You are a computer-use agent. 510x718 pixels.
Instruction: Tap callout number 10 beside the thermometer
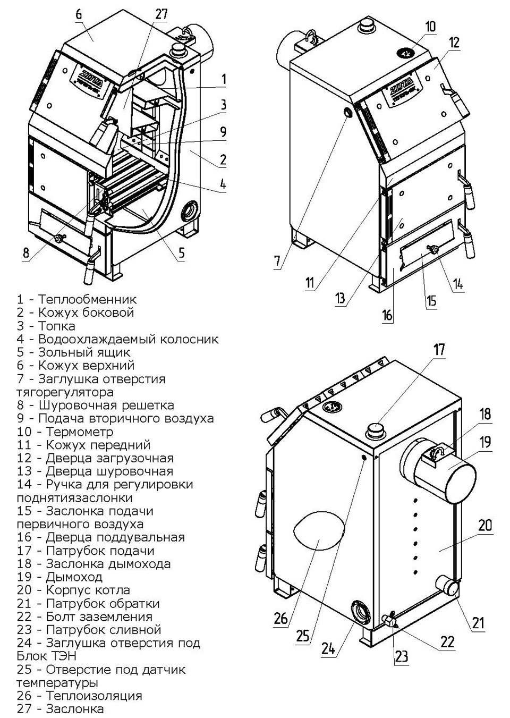click(430, 26)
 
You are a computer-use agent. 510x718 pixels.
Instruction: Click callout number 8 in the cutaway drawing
click(25, 253)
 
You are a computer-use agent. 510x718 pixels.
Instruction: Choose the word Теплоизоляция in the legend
click(94, 696)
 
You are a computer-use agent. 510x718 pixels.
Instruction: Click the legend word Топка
click(57, 326)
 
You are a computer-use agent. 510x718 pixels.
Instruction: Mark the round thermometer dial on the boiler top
click(405, 52)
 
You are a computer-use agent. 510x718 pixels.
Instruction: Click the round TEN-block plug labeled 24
click(362, 610)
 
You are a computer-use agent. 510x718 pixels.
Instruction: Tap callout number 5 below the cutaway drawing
click(182, 253)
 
